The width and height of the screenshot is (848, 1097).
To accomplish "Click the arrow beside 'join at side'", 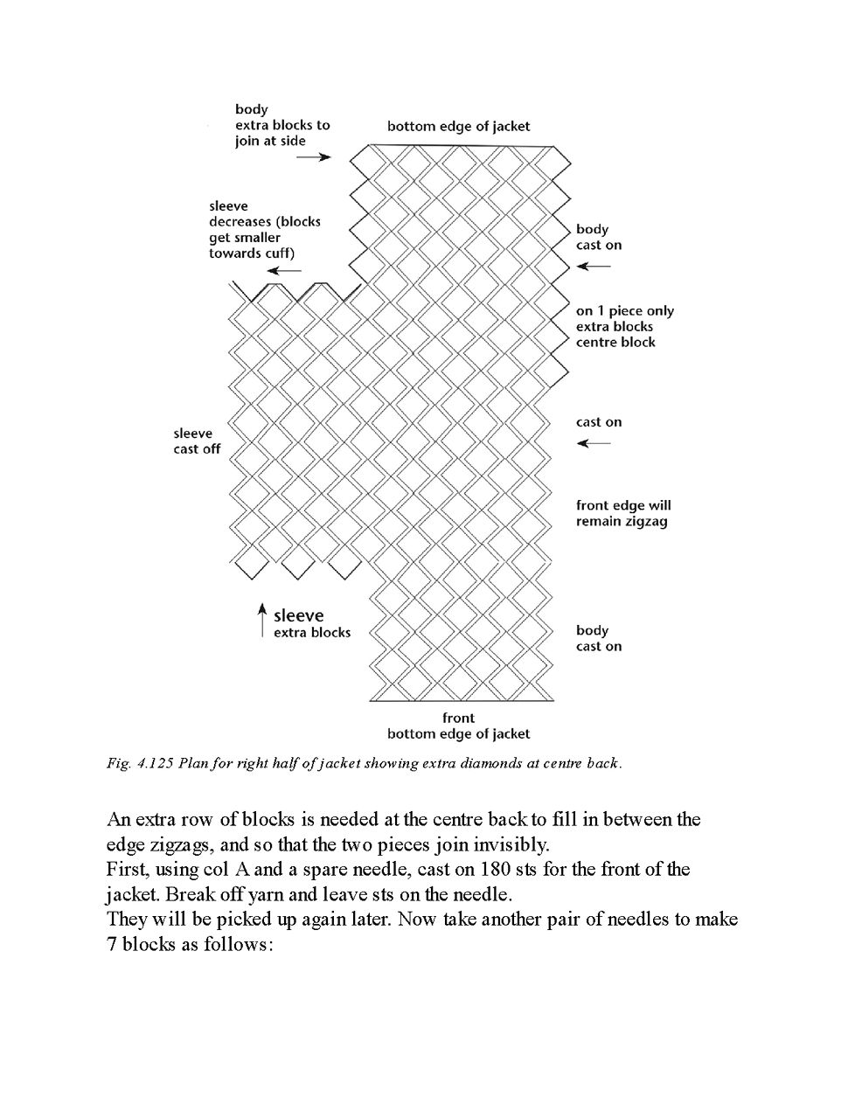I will pyautogui.click(x=314, y=157).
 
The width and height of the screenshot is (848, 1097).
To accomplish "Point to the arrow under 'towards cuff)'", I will pyautogui.click(x=284, y=270).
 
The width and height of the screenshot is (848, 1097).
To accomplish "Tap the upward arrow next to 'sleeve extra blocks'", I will pyautogui.click(x=261, y=619).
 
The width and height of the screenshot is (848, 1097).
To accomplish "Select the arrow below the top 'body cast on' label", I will pyautogui.click(x=594, y=266).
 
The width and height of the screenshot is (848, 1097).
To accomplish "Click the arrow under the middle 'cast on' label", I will pyautogui.click(x=594, y=443).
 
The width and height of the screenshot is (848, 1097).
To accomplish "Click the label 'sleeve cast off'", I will pyautogui.click(x=197, y=441).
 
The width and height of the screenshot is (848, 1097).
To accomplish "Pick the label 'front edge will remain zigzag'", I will pyautogui.click(x=622, y=514).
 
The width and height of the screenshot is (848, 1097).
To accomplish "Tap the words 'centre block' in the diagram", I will pyautogui.click(x=615, y=343).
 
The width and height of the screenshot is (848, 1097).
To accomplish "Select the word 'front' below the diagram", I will pyautogui.click(x=458, y=718).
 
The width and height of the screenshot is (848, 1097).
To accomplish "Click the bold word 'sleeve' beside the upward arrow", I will pyautogui.click(x=298, y=615).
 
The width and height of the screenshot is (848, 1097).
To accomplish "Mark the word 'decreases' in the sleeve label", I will pyautogui.click(x=240, y=222).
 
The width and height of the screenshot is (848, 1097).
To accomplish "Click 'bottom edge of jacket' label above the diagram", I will pyautogui.click(x=458, y=126).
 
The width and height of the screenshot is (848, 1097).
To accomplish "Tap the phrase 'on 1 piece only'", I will pyautogui.click(x=624, y=311).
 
